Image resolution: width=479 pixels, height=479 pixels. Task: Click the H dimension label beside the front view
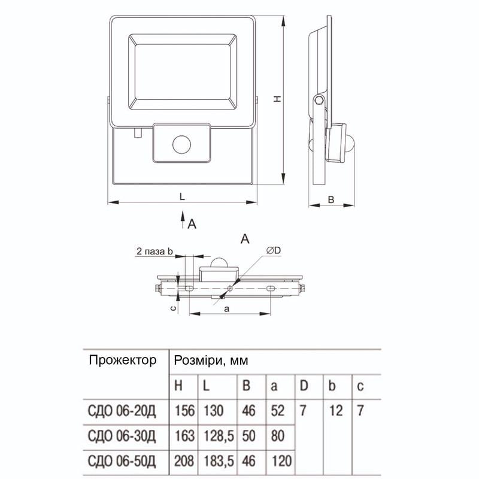coord(278,100)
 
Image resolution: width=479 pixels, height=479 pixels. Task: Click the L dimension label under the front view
coord(181,196)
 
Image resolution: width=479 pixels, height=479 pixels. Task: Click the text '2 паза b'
coord(154,250)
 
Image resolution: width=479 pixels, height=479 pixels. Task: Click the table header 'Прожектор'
coord(122,360)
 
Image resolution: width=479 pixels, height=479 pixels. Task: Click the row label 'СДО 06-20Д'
coord(122,411)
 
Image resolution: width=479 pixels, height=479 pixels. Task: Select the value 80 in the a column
coord(277,436)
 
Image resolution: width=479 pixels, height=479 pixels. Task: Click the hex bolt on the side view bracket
coord(319,101)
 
